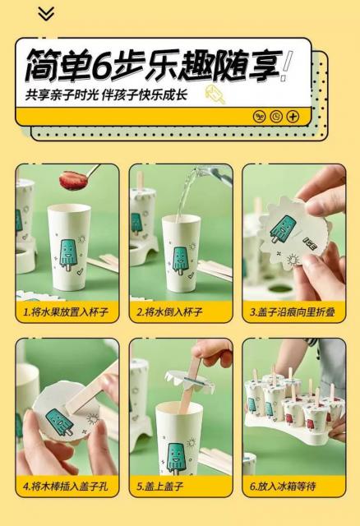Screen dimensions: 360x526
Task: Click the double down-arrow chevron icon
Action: click(x=46, y=14)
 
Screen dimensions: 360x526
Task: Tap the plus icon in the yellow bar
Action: click(x=293, y=117)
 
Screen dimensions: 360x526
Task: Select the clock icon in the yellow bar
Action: click(x=276, y=117)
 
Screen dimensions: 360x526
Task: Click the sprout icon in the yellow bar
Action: click(x=259, y=117)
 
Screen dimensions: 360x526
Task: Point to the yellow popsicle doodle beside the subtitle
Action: click(x=215, y=95)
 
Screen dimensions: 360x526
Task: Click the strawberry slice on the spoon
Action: click(x=73, y=180)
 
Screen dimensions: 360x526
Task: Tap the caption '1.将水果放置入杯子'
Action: click(x=66, y=312)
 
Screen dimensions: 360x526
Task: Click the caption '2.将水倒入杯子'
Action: click(x=169, y=312)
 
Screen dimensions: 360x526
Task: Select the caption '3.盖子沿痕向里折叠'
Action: click(x=293, y=312)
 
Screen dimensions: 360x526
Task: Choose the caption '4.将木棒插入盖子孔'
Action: click(x=66, y=486)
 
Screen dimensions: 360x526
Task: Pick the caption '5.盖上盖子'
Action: click(x=159, y=486)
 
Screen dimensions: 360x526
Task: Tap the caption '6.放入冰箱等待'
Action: click(x=283, y=486)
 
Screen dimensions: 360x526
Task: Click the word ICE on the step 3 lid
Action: click(x=310, y=243)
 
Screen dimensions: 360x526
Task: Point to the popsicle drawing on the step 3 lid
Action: click(x=284, y=228)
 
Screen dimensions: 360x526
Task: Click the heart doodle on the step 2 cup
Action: click(x=191, y=275)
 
